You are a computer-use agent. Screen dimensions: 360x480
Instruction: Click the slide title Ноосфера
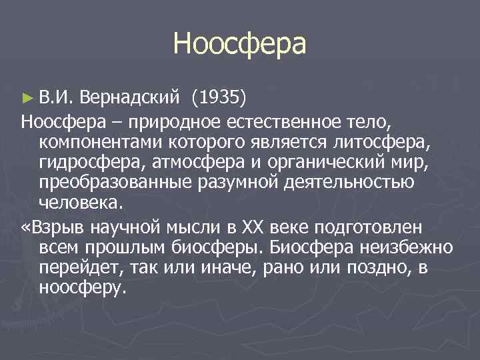[239, 44]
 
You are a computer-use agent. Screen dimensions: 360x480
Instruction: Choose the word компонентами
[97, 142]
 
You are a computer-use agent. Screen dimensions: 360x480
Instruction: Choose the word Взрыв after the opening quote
[56, 227]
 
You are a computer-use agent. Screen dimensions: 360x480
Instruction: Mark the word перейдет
[77, 267]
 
